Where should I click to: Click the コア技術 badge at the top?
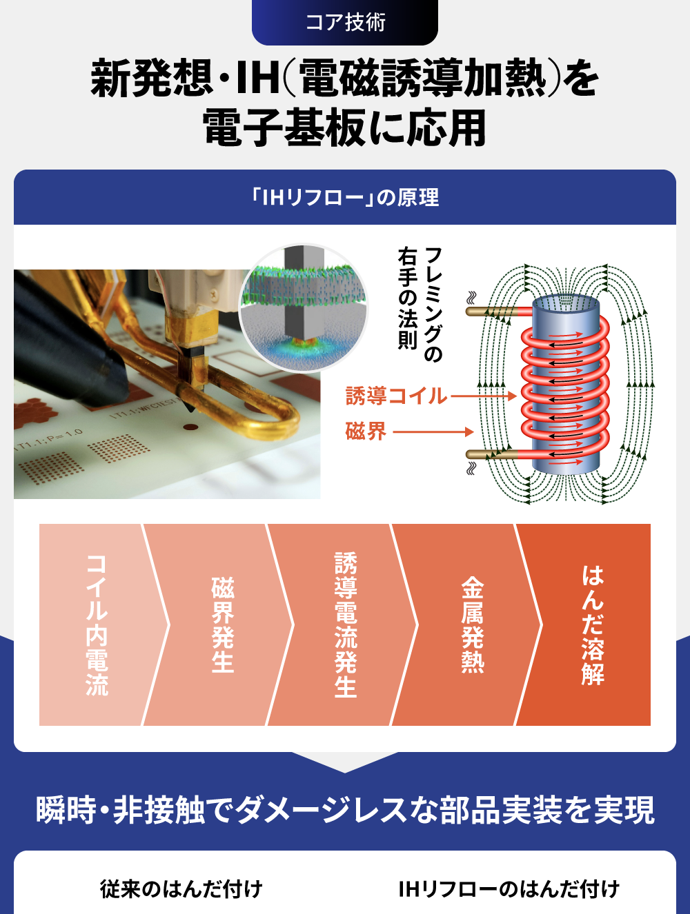[344, 22]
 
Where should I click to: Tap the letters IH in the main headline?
[257, 78]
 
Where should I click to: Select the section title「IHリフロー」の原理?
[344, 197]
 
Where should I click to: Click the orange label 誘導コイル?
[396, 396]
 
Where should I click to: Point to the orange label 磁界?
[366, 431]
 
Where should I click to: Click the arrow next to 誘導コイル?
[483, 396]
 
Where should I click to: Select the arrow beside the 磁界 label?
[433, 431]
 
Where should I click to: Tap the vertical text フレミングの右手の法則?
[420, 304]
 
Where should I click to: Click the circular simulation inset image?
[304, 307]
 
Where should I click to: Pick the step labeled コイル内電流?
[97, 624]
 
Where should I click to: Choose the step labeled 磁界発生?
[222, 624]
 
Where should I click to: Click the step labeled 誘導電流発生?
[346, 624]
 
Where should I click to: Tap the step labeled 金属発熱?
[473, 624]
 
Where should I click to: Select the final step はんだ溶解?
[593, 624]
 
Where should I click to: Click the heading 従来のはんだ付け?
[181, 889]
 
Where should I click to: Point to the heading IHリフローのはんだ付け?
[509, 889]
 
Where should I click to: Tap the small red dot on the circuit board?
[191, 427]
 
